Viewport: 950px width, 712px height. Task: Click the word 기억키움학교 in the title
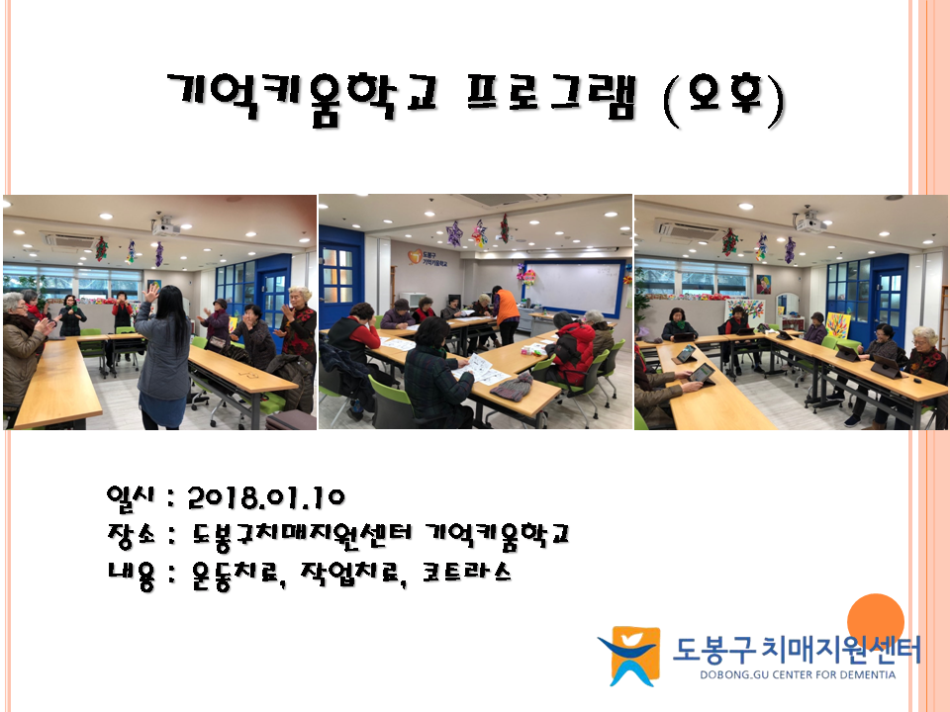click(x=301, y=99)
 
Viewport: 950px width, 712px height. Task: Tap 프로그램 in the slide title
click(x=551, y=97)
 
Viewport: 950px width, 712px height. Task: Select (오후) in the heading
click(x=724, y=100)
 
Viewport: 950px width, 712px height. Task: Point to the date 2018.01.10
click(x=266, y=497)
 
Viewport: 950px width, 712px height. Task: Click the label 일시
click(x=131, y=496)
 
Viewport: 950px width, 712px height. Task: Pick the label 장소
click(x=131, y=535)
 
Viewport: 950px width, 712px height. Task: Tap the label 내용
click(x=131, y=574)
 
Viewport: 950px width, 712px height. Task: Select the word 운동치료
click(x=237, y=574)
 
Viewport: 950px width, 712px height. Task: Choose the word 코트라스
click(x=466, y=573)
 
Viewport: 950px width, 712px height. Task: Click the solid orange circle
click(x=876, y=621)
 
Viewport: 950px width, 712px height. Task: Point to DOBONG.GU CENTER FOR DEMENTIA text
click(x=798, y=674)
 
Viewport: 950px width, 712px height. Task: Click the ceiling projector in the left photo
click(x=165, y=226)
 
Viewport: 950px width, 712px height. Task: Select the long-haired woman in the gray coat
click(x=163, y=357)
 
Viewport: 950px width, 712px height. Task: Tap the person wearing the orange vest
click(x=506, y=313)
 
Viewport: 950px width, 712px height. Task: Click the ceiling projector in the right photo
click(x=810, y=222)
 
